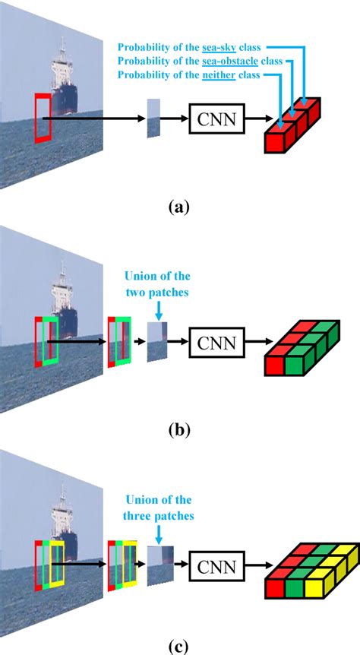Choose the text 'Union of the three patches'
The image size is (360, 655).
157,509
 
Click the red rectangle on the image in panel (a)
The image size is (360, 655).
41,117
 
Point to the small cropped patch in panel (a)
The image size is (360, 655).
154,118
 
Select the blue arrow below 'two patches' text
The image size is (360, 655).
158,308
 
